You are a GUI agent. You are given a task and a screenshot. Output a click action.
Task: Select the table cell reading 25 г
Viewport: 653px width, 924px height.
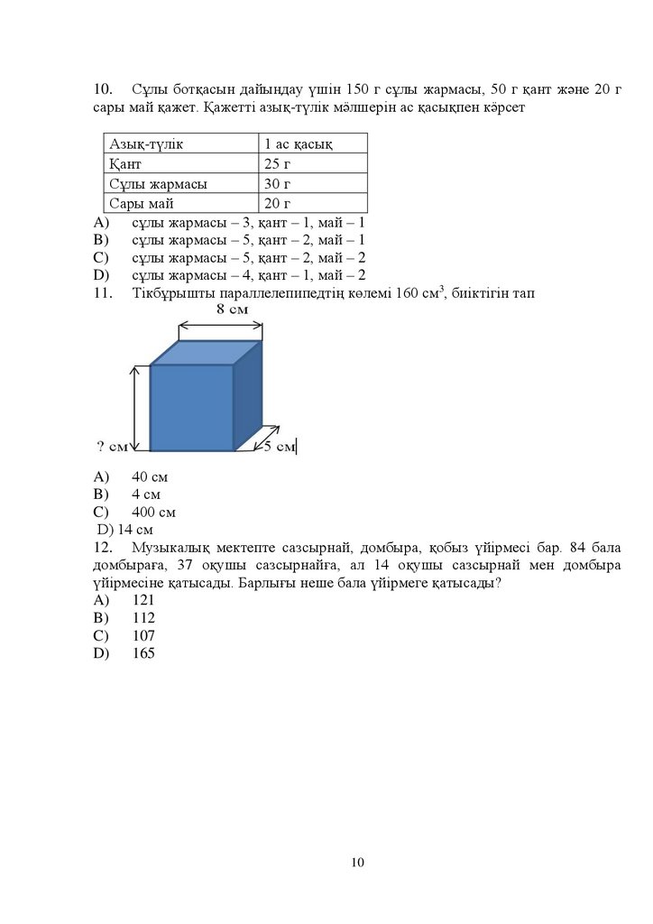tap(277, 164)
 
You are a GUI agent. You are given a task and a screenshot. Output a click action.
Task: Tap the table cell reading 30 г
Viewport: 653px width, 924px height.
tap(277, 183)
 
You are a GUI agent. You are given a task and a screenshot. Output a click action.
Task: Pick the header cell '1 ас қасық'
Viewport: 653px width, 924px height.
tap(299, 144)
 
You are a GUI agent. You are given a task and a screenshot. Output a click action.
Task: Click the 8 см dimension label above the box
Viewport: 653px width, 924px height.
tap(233, 310)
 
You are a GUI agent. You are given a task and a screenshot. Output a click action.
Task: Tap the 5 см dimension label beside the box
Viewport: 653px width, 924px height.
tap(280, 446)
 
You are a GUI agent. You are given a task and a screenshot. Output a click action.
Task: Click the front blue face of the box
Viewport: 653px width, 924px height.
tap(191, 407)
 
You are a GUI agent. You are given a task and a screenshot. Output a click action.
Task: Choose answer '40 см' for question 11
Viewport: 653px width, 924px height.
tap(150, 476)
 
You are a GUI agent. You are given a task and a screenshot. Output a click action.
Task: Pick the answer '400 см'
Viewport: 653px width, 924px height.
tap(153, 512)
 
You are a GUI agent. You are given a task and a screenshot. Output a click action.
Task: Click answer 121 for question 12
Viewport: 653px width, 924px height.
tap(143, 600)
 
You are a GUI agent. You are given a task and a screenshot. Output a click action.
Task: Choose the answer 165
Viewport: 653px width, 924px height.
tap(143, 653)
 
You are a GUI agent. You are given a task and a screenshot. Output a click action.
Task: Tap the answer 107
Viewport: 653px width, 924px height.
tap(143, 635)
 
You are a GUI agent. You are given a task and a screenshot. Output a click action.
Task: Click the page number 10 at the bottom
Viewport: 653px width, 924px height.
tap(357, 863)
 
